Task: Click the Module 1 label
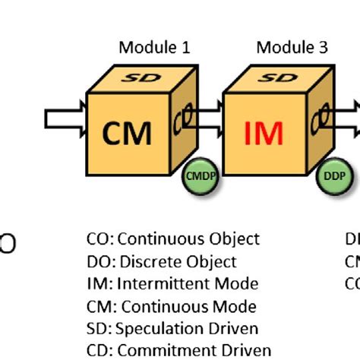click(x=154, y=48)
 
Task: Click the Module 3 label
click(x=292, y=48)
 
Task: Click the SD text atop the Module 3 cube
click(x=280, y=79)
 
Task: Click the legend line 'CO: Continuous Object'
click(x=172, y=239)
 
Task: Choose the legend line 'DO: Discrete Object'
click(x=161, y=262)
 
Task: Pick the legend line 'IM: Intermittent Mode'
click(x=172, y=284)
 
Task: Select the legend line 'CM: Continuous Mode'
click(x=171, y=307)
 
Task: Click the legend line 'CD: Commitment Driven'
click(x=178, y=351)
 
